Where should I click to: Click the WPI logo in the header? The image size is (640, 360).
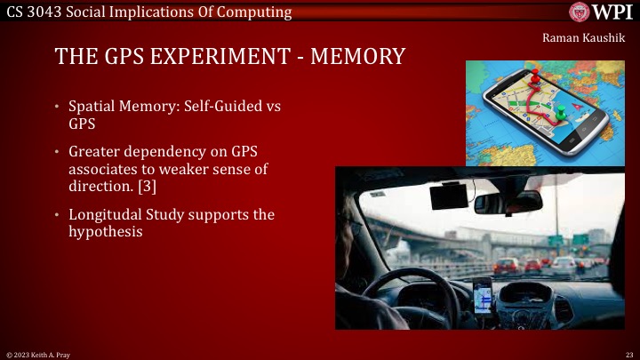(602, 12)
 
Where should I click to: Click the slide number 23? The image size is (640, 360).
(628, 354)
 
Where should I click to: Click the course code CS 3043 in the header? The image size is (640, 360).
(32, 12)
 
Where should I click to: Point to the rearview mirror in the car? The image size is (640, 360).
(508, 203)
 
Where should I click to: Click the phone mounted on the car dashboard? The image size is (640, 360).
(482, 295)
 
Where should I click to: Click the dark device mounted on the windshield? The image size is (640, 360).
(449, 195)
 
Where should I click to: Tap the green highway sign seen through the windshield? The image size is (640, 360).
(556, 240)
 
